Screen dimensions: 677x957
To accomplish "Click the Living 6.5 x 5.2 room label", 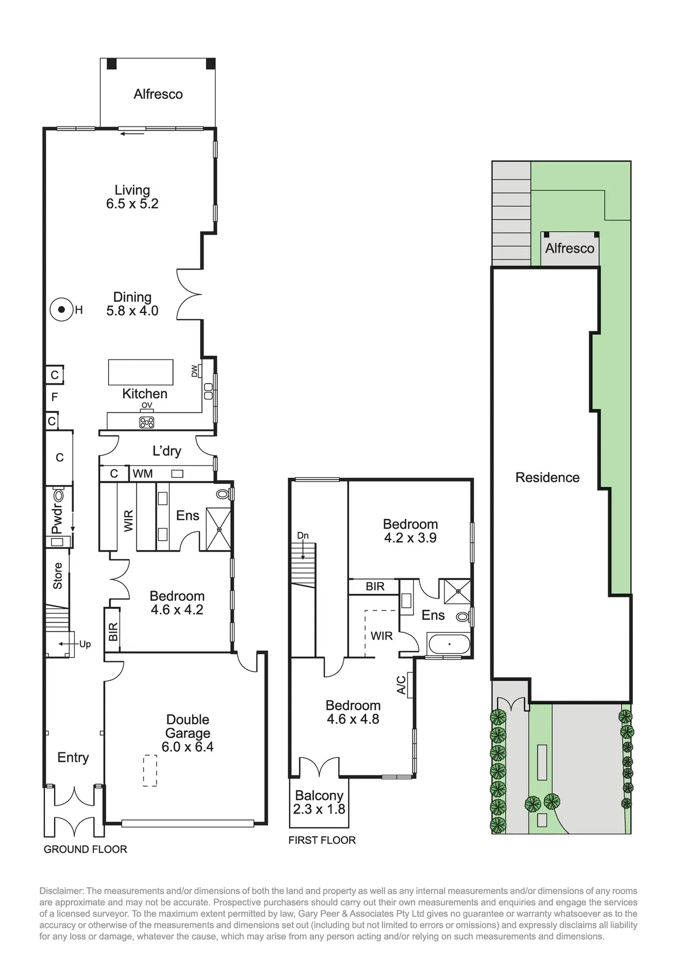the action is coord(132,197).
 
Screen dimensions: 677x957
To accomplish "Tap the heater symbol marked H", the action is coord(61,310).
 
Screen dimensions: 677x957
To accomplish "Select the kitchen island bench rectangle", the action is coord(141,372).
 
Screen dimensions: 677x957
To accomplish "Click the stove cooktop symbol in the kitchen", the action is coord(147,422).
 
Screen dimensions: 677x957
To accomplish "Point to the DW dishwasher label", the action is coord(195,371).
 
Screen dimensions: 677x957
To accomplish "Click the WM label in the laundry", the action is coord(143,474).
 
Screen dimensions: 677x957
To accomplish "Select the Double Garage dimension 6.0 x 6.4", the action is coord(187,746).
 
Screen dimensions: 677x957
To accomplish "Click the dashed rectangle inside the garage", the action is coord(150,770).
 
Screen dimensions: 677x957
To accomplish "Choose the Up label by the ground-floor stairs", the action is coord(85,644).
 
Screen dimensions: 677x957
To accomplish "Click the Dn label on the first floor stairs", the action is coord(303,536).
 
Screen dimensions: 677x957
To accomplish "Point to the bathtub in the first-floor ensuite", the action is coord(449,644).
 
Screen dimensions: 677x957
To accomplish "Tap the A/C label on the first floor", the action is coord(402,685).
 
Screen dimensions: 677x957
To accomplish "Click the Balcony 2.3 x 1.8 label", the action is coord(319,803).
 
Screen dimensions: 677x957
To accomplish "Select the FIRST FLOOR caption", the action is coord(322,840).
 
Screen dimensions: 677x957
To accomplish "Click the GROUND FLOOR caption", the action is coord(85,849).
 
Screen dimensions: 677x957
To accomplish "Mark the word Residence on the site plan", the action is coord(547,477).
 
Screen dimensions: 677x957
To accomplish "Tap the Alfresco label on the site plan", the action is coord(570,248).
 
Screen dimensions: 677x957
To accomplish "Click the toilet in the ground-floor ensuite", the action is coord(223,494).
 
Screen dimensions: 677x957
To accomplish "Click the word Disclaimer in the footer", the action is coord(61,891).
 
